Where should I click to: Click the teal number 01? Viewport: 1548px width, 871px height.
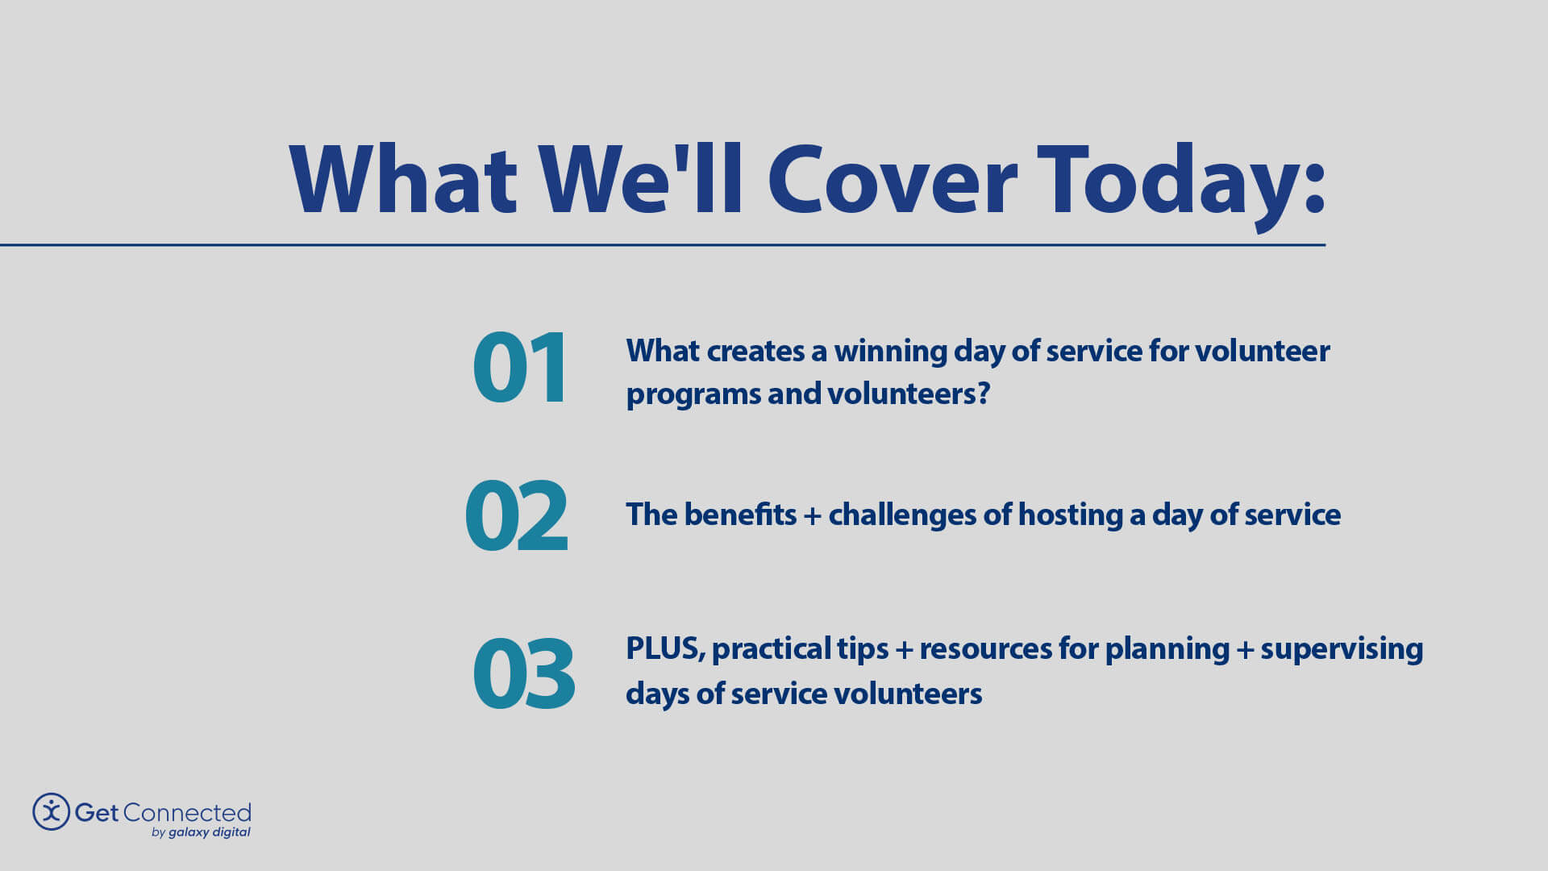[520, 368]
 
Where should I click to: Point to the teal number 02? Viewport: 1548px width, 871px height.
[516, 516]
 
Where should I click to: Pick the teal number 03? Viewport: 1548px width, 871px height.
[523, 673]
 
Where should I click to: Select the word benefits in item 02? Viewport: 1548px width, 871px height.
[739, 515]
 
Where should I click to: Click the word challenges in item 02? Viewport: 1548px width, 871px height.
[902, 515]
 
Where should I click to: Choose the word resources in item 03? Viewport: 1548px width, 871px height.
[985, 648]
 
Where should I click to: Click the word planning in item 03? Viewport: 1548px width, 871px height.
[1167, 648]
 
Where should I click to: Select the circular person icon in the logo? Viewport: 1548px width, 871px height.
[51, 811]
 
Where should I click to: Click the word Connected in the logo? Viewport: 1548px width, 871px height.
[187, 812]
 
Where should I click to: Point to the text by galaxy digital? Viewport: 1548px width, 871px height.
[201, 832]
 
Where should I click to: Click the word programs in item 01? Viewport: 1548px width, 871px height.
[693, 395]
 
